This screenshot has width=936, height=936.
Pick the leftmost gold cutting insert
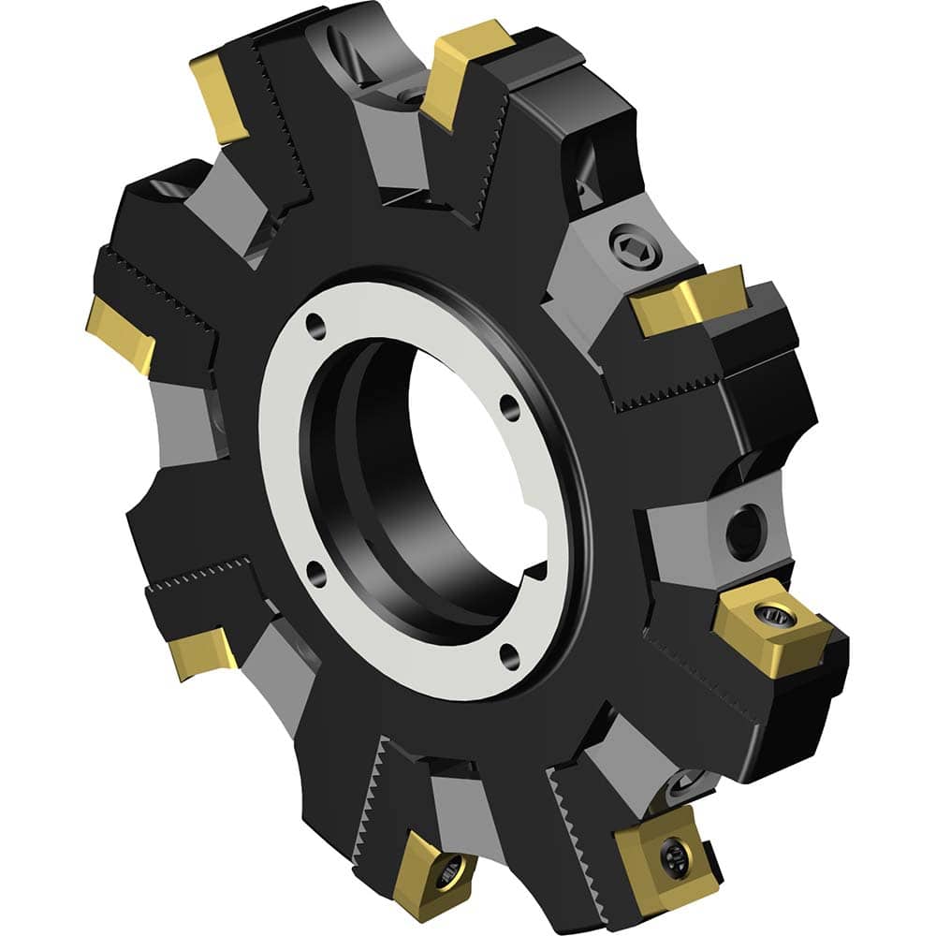click(121, 332)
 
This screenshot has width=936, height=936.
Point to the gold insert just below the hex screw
click(688, 300)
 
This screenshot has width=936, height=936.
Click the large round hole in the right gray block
click(746, 532)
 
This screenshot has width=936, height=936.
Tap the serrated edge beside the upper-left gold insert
click(281, 131)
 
